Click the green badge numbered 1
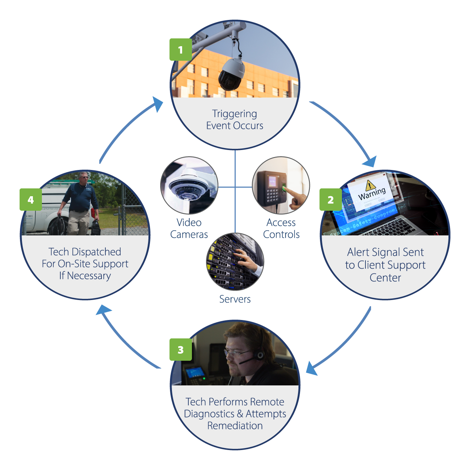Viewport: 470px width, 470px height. (181, 50)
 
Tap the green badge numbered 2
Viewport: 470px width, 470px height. (331, 200)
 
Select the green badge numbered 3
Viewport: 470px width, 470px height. (181, 349)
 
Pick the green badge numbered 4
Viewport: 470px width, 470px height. (31, 200)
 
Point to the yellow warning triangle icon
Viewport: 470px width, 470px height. (369, 185)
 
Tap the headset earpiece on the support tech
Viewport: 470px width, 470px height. (259, 355)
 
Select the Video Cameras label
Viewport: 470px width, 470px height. (189, 228)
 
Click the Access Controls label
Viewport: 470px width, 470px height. (281, 228)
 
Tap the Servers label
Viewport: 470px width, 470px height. (235, 299)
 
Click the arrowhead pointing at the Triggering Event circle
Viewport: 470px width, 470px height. (159, 104)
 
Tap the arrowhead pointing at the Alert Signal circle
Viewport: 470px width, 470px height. (371, 162)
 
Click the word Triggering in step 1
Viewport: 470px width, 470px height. (235, 114)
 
